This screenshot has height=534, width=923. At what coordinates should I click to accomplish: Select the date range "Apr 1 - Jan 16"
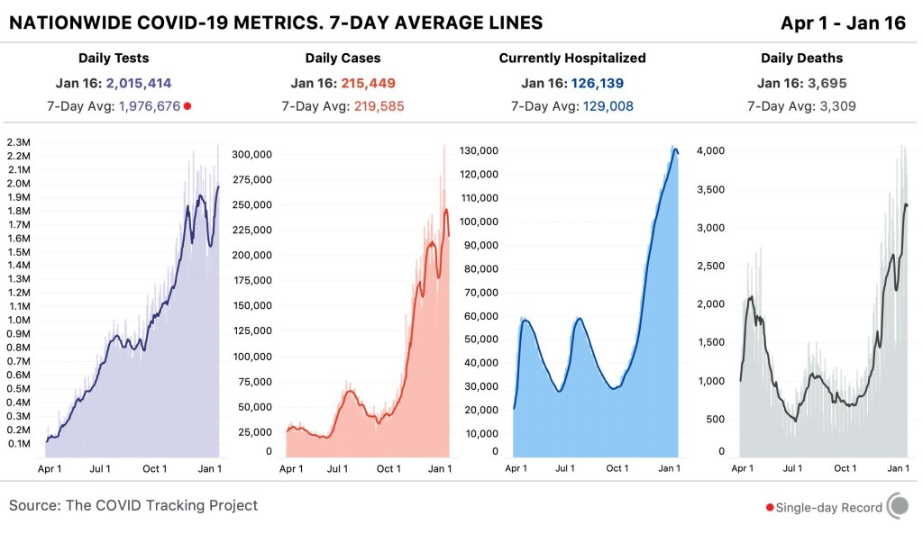click(844, 23)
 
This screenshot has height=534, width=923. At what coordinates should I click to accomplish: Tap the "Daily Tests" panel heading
click(114, 59)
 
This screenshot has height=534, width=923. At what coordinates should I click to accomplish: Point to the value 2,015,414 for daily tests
click(139, 84)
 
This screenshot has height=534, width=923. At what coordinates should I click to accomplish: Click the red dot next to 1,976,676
click(187, 106)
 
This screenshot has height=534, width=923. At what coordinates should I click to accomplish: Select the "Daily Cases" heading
click(343, 59)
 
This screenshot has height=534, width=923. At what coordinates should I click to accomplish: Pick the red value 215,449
click(368, 84)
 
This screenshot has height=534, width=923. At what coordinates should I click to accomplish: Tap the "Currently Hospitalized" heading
click(572, 59)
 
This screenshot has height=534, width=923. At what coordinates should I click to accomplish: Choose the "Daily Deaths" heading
click(801, 59)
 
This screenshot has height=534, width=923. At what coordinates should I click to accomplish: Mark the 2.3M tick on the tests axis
click(20, 142)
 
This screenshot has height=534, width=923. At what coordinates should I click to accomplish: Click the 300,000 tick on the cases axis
click(252, 154)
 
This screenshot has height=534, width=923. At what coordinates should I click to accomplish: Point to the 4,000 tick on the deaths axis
click(711, 150)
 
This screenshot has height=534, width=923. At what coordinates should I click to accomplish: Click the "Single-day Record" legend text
click(829, 507)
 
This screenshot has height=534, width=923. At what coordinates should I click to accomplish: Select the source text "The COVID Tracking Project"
click(161, 505)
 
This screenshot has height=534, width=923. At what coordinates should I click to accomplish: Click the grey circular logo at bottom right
click(898, 506)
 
